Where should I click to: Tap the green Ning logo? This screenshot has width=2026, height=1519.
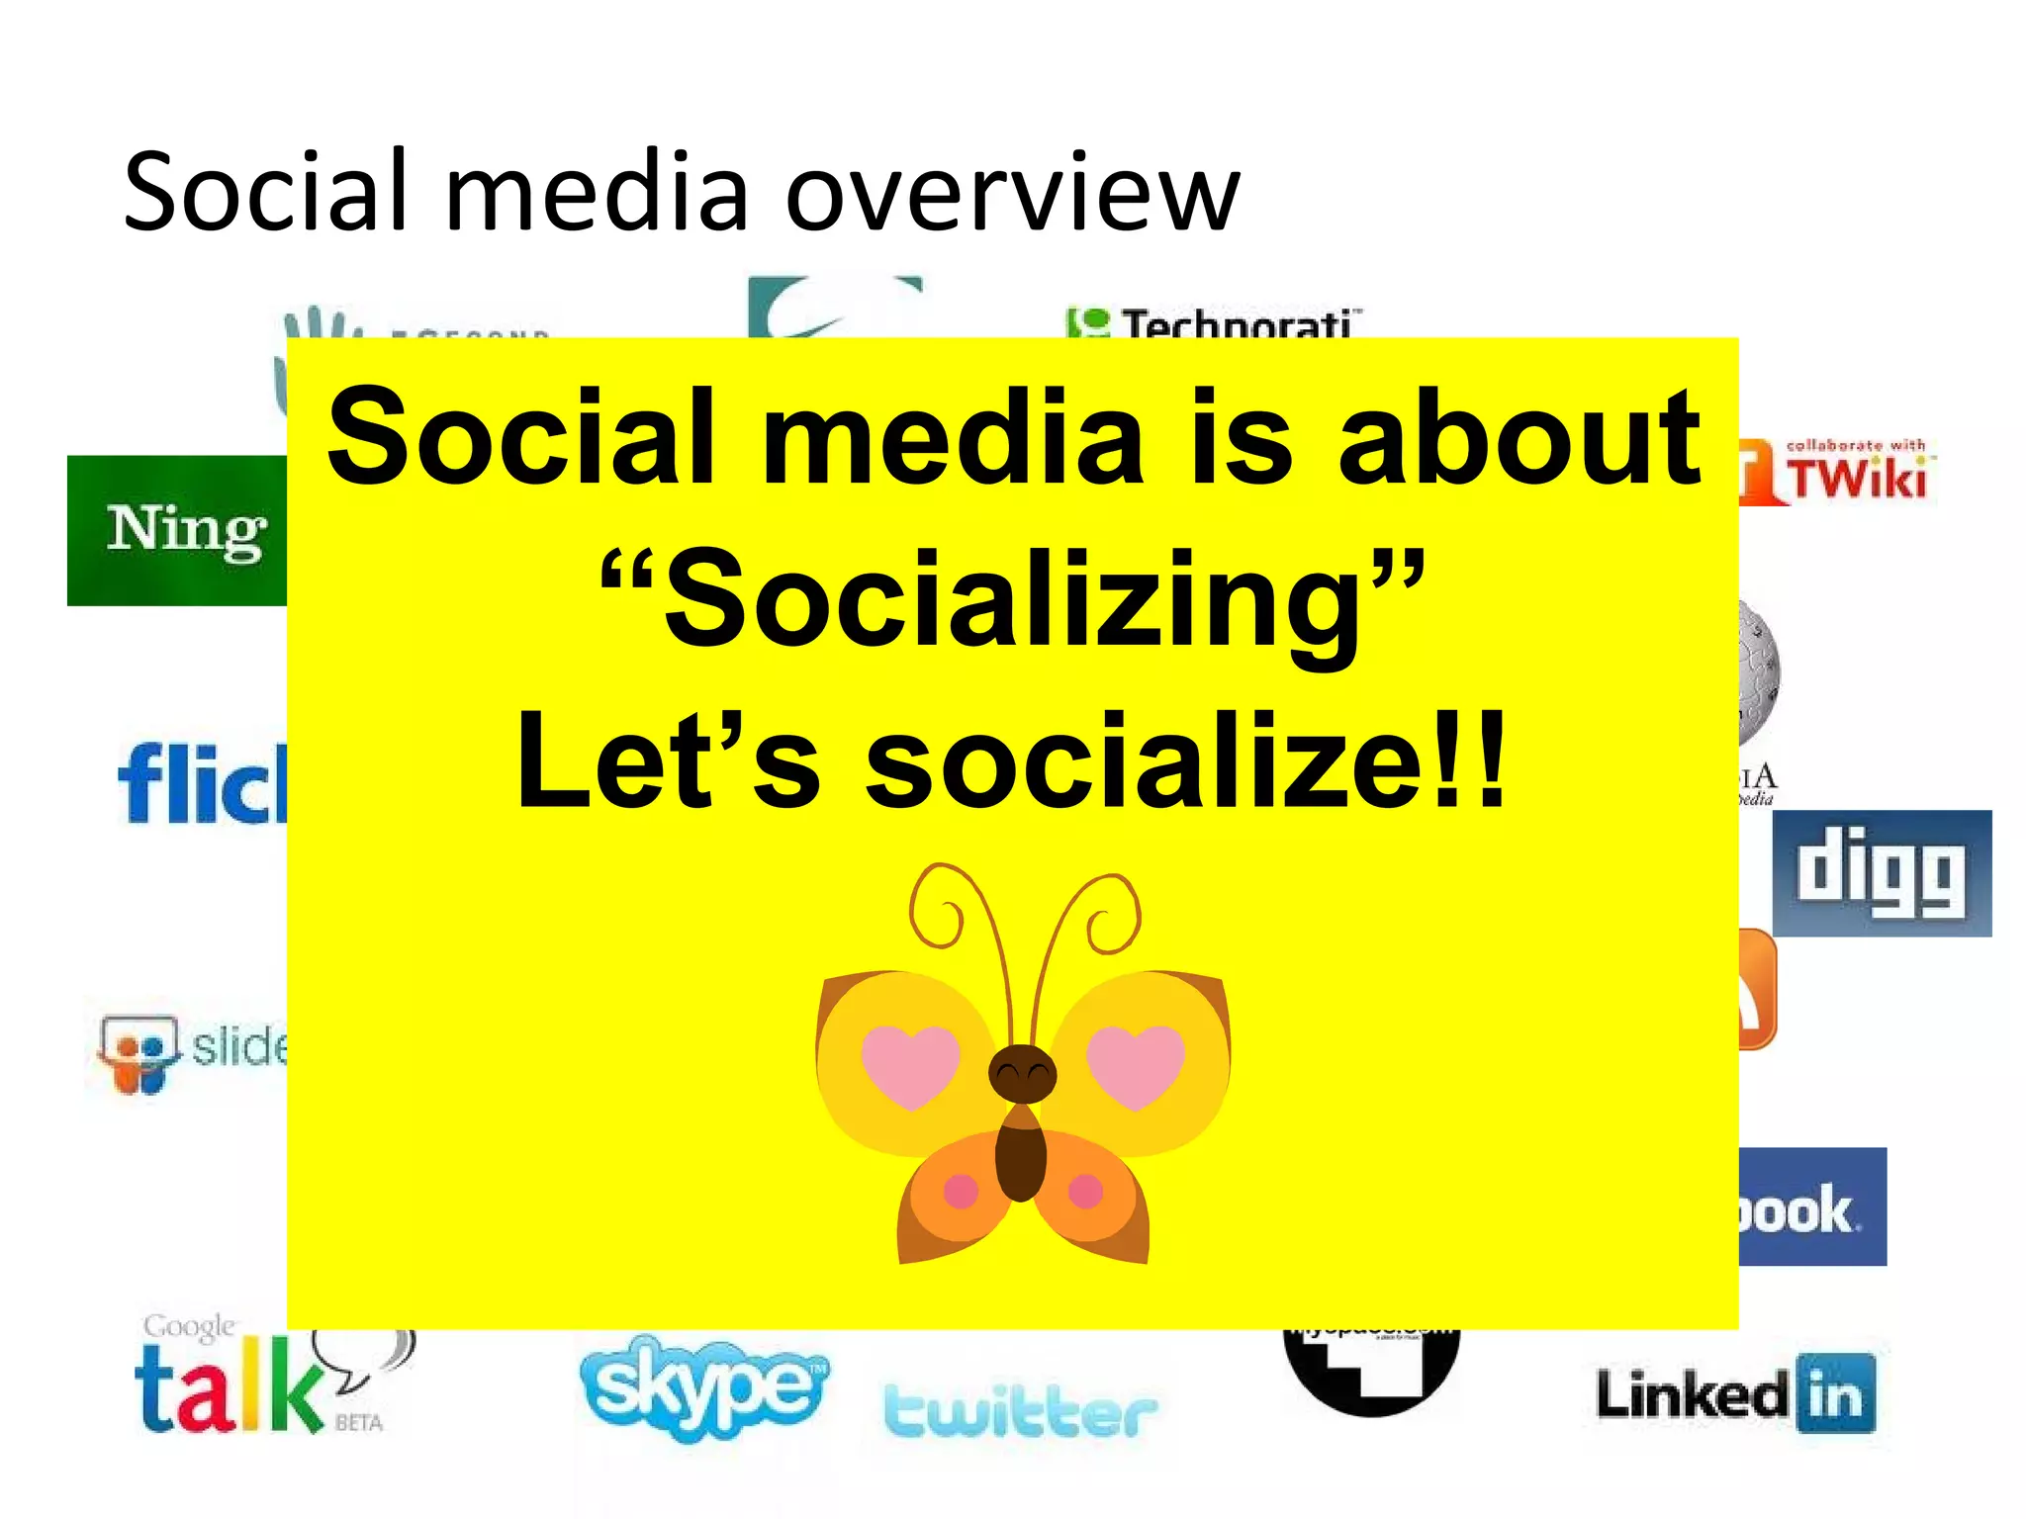[178, 531]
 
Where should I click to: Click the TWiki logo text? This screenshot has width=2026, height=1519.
[1858, 479]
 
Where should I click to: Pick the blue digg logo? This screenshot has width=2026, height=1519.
[1881, 873]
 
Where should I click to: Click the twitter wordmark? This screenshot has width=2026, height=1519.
[1019, 1410]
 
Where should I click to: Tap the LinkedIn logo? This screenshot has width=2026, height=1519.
[1736, 1395]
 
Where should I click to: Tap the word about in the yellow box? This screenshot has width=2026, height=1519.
[1519, 438]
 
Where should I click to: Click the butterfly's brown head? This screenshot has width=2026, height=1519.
[1023, 1072]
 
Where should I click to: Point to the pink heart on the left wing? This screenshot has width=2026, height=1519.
[910, 1062]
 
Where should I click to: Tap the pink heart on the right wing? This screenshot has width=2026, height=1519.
[1136, 1062]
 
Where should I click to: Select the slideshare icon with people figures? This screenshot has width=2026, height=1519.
[138, 1054]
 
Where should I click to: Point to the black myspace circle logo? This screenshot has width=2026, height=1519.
[1371, 1370]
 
